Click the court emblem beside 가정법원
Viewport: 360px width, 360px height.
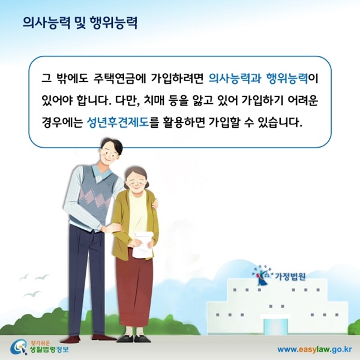[263, 275]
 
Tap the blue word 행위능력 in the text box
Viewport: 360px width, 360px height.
[287, 77]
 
